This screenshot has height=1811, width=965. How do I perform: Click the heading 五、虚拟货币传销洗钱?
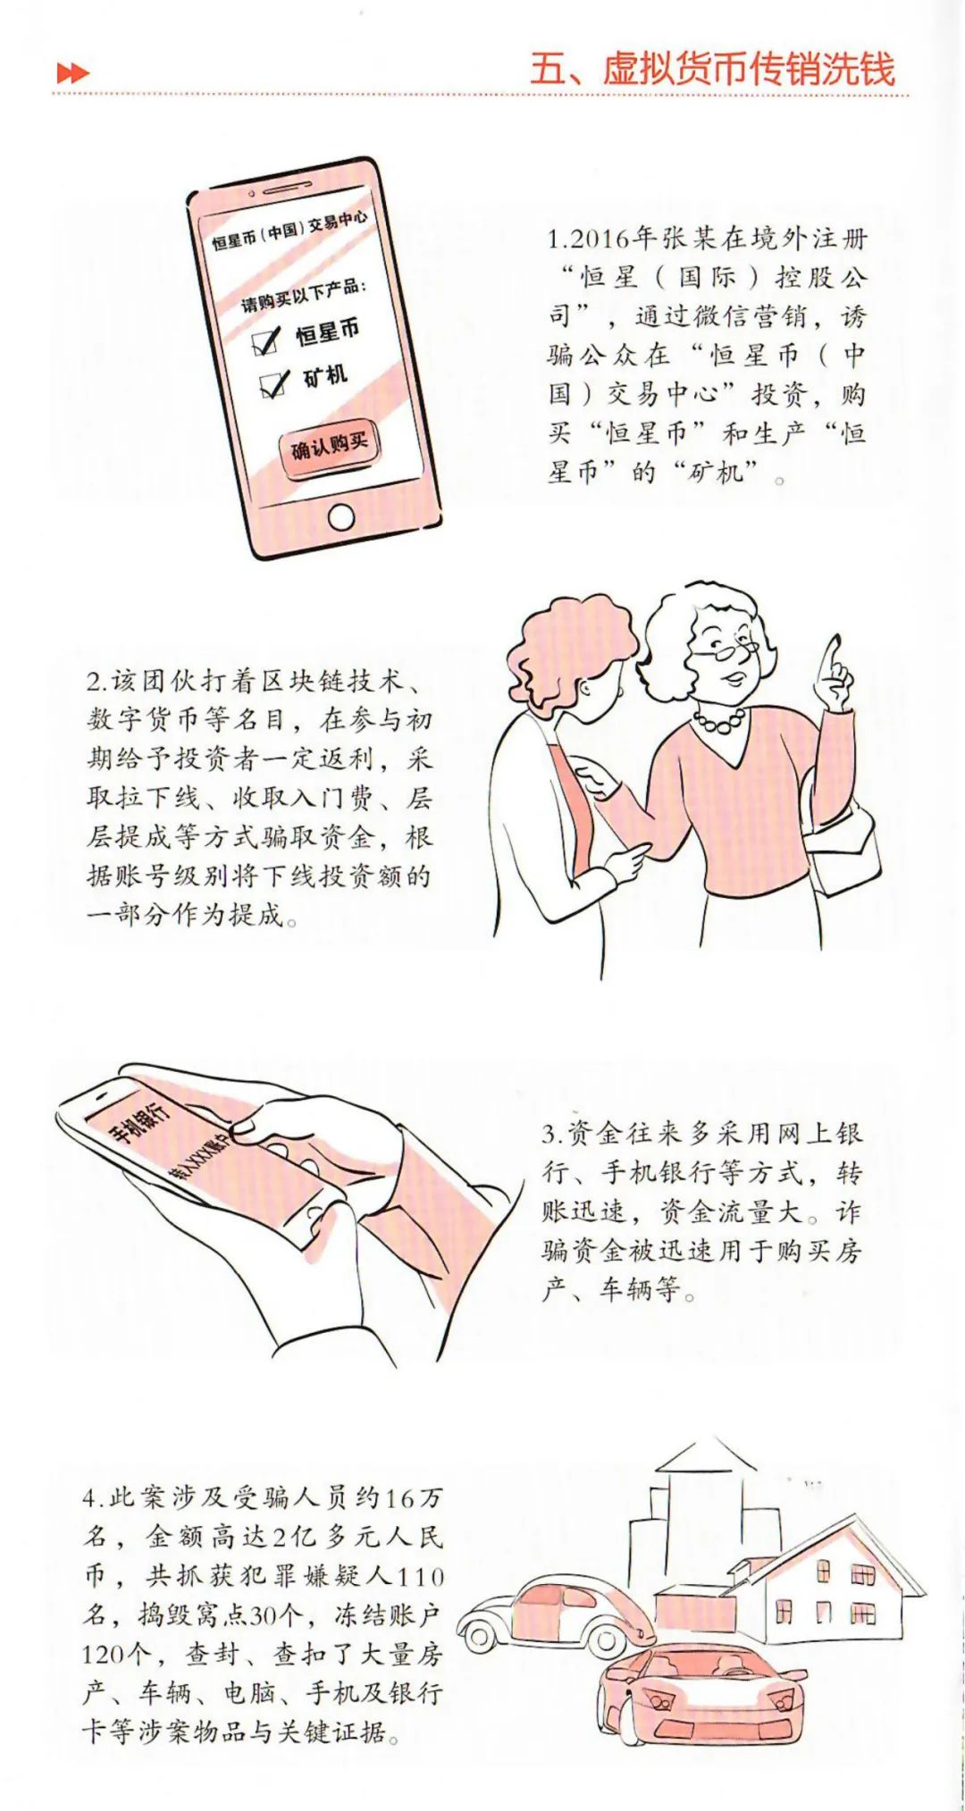(712, 69)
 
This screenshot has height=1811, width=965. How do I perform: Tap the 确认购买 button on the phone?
(329, 444)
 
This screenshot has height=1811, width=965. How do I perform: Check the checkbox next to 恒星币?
(267, 340)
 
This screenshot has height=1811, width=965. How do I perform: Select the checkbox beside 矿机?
(273, 384)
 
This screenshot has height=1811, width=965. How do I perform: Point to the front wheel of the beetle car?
(479, 1634)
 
